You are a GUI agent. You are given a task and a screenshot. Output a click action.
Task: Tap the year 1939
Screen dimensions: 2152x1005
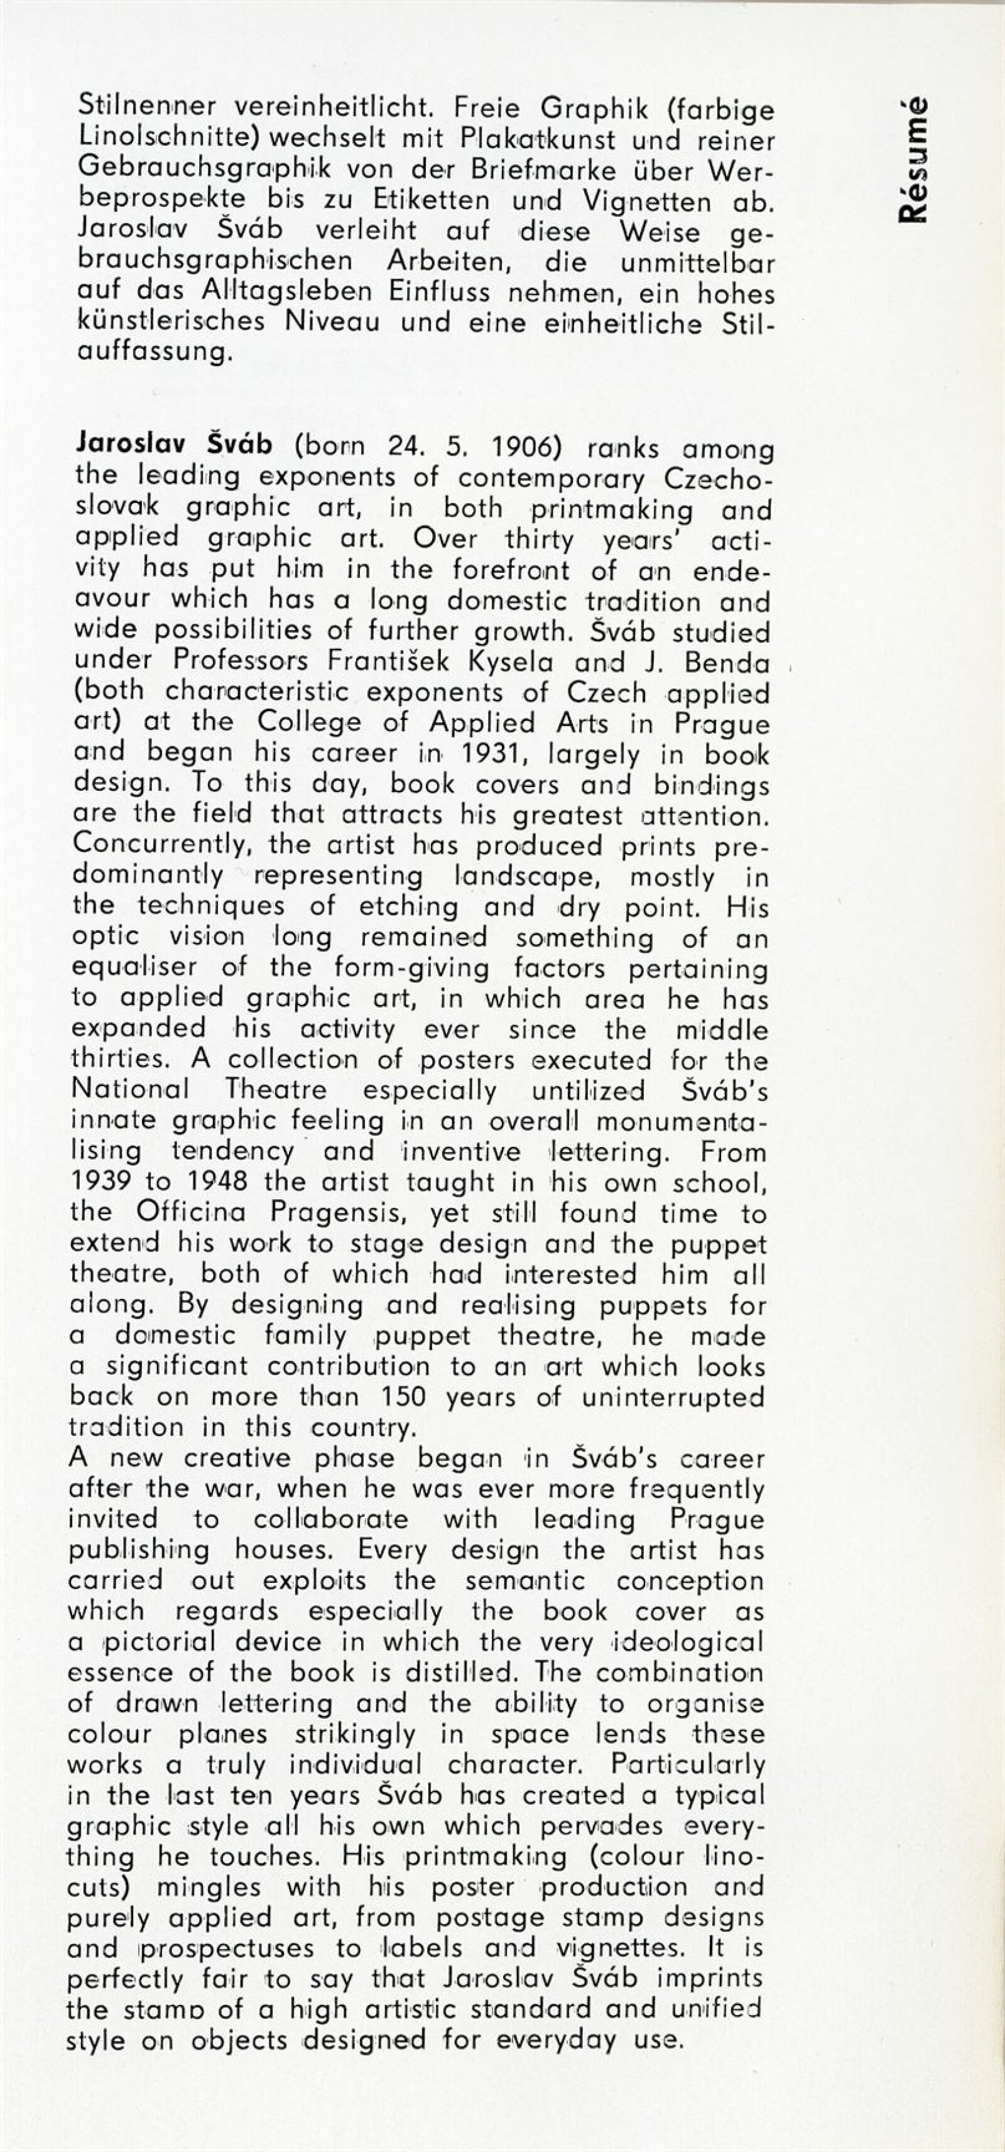coord(101,1182)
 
